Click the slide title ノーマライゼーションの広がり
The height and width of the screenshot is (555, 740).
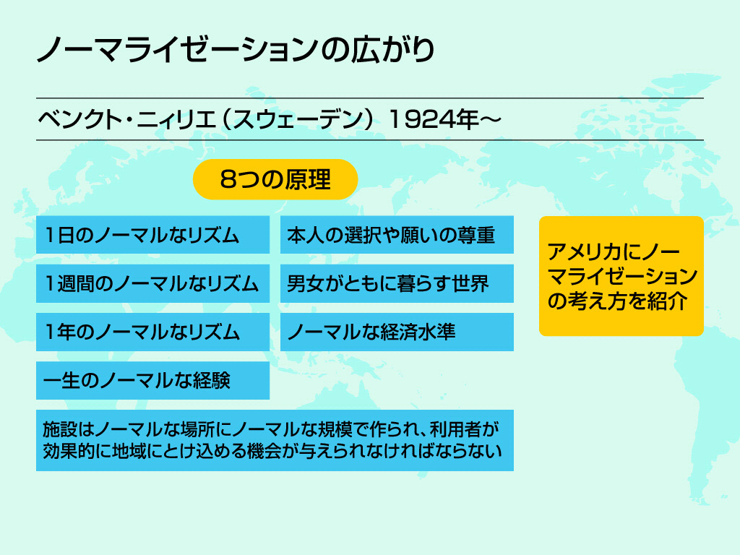235,50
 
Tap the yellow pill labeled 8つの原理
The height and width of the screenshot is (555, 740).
275,179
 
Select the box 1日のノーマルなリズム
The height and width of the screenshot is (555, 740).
153,235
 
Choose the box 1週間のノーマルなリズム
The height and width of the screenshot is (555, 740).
153,283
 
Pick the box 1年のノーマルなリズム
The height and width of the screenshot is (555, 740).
153,332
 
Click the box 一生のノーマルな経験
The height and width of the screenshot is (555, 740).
153,380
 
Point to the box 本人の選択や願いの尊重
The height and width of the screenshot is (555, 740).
397,235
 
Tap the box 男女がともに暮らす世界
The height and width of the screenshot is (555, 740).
397,283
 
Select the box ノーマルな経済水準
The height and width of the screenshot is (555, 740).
397,332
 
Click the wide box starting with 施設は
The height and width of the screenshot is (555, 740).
275,440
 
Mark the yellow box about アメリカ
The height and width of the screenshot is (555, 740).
621,276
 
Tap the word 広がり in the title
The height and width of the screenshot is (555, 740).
392,50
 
